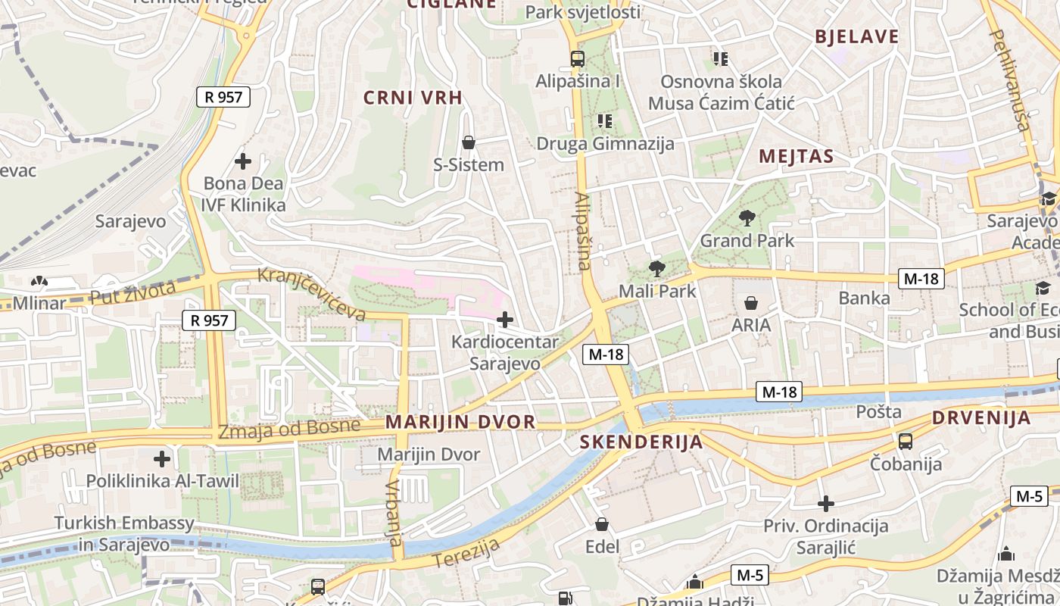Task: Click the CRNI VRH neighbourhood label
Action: [413, 97]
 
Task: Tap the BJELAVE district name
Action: [856, 36]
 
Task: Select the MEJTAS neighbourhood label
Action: [796, 157]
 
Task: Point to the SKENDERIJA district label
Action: [641, 442]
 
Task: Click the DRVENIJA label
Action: [980, 417]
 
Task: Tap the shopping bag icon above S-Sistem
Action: [469, 142]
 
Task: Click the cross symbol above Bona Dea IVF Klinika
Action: [243, 161]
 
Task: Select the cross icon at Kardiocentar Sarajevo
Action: [504, 320]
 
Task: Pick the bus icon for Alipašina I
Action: [577, 58]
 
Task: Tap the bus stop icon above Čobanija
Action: [905, 442]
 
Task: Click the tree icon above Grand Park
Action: [747, 219]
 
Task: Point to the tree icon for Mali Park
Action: [656, 269]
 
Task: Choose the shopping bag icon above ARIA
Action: [751, 303]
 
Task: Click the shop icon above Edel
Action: [602, 524]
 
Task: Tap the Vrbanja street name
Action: [394, 514]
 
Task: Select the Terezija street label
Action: [467, 553]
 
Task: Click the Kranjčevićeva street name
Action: [312, 294]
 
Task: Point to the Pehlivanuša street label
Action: [1010, 79]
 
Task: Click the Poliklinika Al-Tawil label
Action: [162, 481]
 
